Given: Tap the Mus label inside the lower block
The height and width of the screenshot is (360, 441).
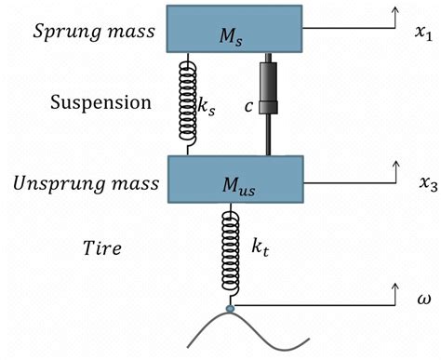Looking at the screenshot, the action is pos(239,187).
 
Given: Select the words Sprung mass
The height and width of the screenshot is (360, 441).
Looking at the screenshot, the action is pos(94,32).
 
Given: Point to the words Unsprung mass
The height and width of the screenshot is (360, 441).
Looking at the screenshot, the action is pos(86,183).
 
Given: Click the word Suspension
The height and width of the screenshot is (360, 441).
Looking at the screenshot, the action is pos(100,102).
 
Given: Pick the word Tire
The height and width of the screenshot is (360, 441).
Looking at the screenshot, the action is pos(102,248).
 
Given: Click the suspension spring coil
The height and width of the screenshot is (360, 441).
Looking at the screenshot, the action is pos(188,103).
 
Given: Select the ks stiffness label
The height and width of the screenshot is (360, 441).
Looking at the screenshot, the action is pos(207,108).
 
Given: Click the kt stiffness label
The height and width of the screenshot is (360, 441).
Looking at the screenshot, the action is pos(260,247).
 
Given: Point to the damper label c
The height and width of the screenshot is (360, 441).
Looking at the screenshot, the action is pos(248,106).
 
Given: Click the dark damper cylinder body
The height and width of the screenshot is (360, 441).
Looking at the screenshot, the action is pos(268,87).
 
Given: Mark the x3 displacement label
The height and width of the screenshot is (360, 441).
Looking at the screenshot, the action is pos(429,184).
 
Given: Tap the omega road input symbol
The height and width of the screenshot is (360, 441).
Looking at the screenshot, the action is pos(423,300).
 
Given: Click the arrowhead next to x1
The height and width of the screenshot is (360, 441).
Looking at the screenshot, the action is pos(395,9).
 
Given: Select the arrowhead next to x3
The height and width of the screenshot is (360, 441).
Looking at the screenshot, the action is pos(395,165).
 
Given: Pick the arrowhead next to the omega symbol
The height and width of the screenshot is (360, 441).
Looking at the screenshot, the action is pos(395,287).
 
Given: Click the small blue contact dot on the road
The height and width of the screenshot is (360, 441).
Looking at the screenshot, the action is pos(230,309).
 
